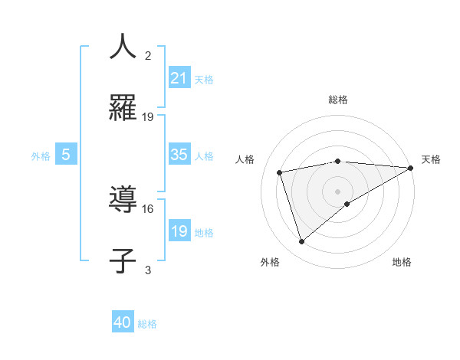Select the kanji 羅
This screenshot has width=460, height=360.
(x=123, y=108)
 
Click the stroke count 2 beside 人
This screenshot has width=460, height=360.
(x=148, y=55)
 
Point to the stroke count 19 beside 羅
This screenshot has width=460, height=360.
(x=148, y=117)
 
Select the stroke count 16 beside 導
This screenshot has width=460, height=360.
(x=148, y=208)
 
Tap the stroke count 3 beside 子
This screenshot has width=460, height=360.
(x=148, y=270)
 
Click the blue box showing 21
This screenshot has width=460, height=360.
(x=179, y=78)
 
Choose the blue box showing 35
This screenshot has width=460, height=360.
(x=179, y=155)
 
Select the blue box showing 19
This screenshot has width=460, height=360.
(x=179, y=231)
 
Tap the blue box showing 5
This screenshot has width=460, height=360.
(x=66, y=155)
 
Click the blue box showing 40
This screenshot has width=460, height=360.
(x=123, y=322)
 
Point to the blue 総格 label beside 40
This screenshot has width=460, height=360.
(x=147, y=324)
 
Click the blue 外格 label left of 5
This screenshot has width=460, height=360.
(x=41, y=156)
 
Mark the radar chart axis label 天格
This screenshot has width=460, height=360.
(x=431, y=159)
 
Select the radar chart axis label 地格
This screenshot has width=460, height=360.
(x=402, y=262)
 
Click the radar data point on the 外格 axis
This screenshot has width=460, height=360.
(x=301, y=242)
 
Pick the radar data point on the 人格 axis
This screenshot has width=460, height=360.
(x=280, y=172)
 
